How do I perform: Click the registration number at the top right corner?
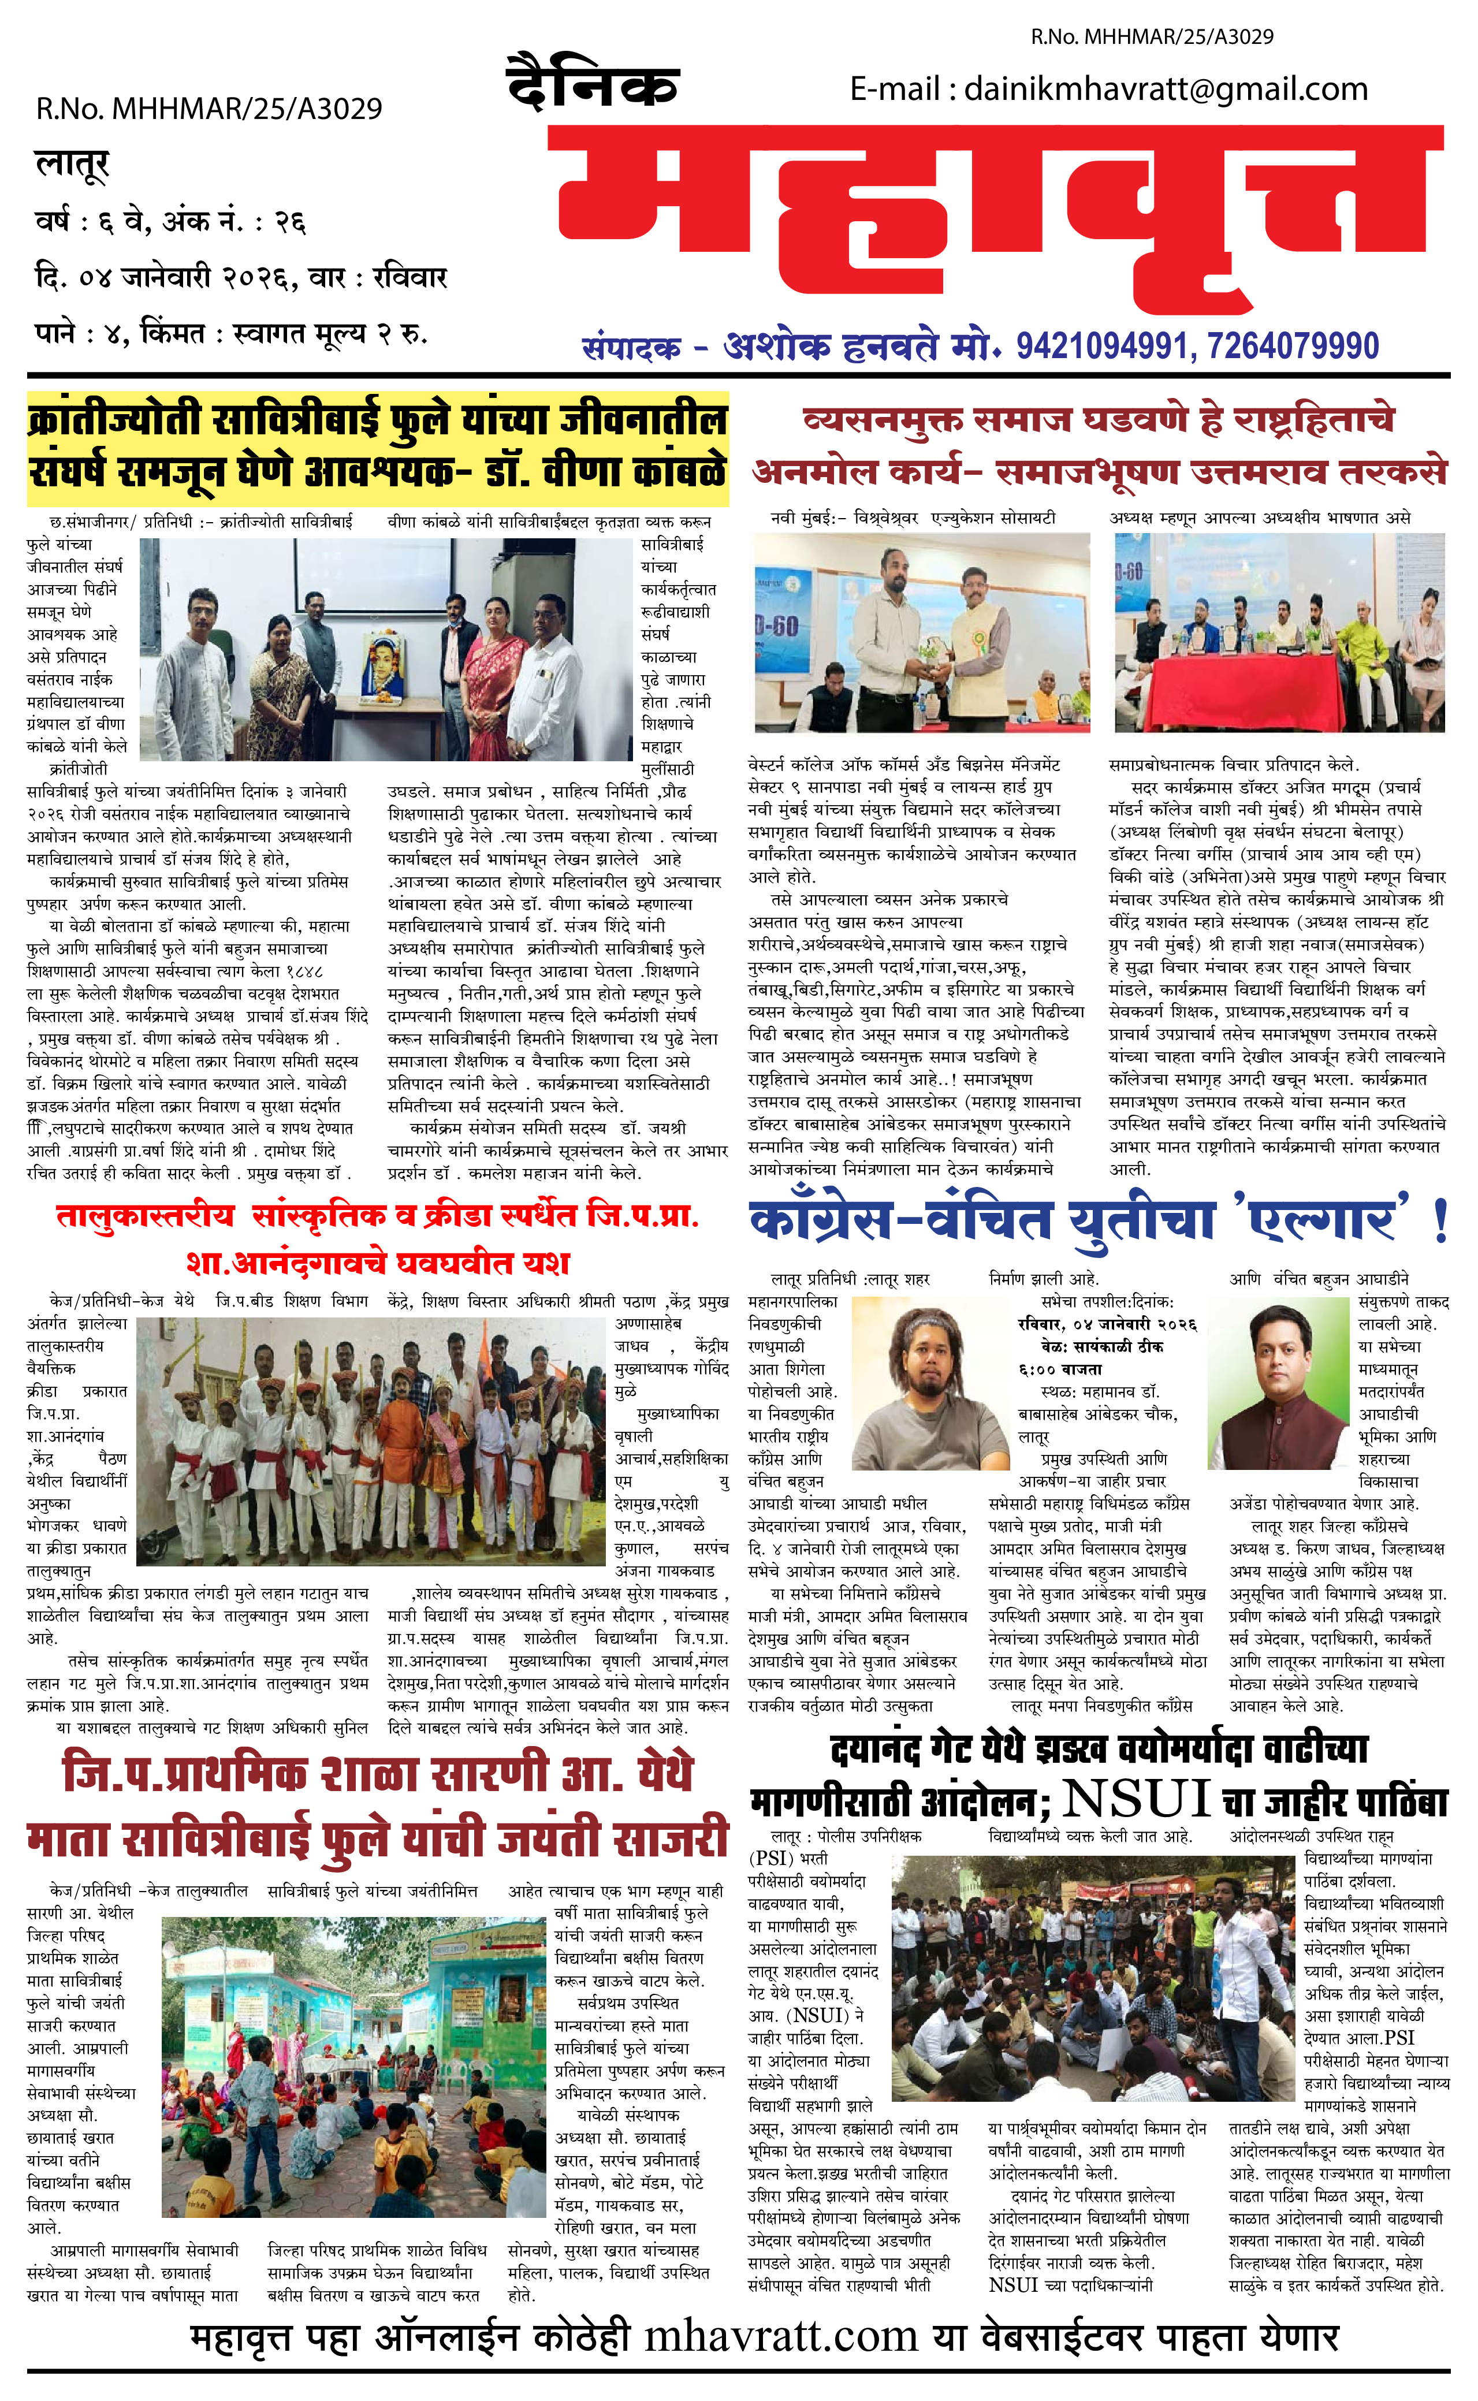click(x=1152, y=37)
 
